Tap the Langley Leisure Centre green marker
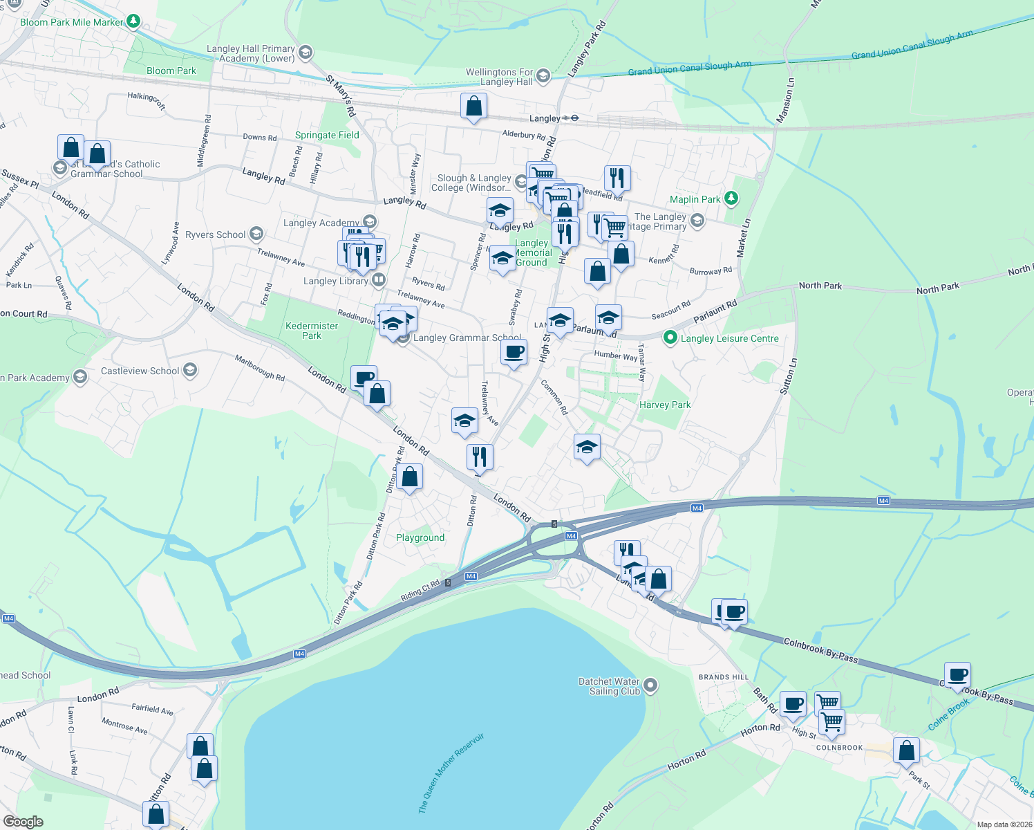pyautogui.click(x=669, y=338)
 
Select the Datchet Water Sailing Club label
pyautogui.click(x=609, y=686)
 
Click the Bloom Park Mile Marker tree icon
pyautogui.click(x=134, y=22)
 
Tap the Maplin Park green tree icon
pyautogui.click(x=731, y=199)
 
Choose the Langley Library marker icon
pyautogui.click(x=378, y=280)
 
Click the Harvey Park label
pyautogui.click(x=665, y=405)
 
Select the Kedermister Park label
pyautogui.click(x=312, y=331)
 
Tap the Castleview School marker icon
pyautogui.click(x=190, y=371)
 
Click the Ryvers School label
pyautogui.click(x=215, y=234)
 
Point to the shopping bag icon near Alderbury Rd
pyautogui.click(x=473, y=107)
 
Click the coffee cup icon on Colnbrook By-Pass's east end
pyautogui.click(x=957, y=674)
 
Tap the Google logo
pyautogui.click(x=23, y=821)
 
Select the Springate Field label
pyautogui.click(x=327, y=135)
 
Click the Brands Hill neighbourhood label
pyautogui.click(x=724, y=677)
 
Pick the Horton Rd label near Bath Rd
pyautogui.click(x=760, y=728)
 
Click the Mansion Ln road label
pyautogui.click(x=786, y=100)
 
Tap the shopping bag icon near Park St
pyautogui.click(x=905, y=750)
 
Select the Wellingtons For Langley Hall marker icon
pyautogui.click(x=543, y=76)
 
